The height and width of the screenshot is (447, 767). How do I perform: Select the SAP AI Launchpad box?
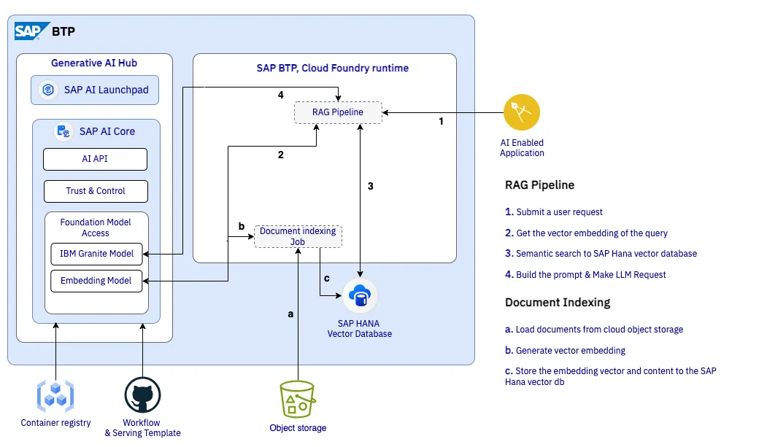tap(95, 90)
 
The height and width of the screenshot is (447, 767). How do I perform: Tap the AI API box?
tap(96, 159)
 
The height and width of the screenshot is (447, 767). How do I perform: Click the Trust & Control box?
tap(96, 191)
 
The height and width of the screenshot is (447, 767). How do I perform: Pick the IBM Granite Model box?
tap(97, 254)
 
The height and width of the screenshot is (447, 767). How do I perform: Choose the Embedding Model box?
tap(96, 281)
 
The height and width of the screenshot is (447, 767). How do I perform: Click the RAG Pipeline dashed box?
tap(338, 112)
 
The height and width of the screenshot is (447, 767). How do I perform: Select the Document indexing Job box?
tap(298, 236)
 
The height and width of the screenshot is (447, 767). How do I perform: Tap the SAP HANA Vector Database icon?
tap(360, 295)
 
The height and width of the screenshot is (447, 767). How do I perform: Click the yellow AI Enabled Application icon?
tap(522, 112)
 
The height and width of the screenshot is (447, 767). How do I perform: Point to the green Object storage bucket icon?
tap(298, 399)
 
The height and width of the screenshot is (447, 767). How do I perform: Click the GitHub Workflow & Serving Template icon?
tap(142, 395)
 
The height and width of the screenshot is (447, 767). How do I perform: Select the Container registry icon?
tap(55, 396)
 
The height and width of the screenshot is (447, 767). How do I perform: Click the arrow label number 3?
tap(370, 186)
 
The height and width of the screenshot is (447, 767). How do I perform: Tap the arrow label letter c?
tap(327, 279)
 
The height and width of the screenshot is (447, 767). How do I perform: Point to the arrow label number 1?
tap(442, 121)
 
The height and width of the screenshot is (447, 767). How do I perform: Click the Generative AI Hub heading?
tap(94, 63)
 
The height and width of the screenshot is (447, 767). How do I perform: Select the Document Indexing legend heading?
tap(558, 303)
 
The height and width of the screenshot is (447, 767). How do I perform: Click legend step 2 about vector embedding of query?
tap(586, 233)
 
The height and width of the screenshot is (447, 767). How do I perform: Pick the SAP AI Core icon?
tap(63, 131)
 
